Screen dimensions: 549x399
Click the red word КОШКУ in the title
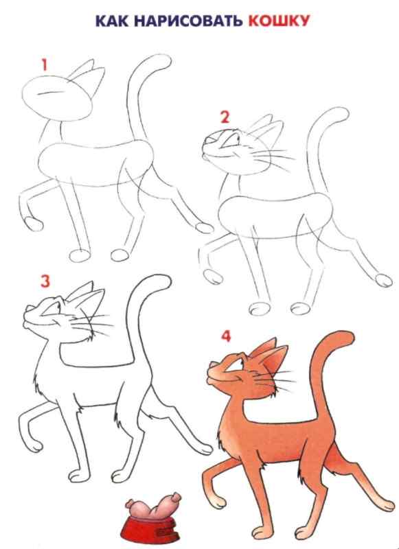coord(277,21)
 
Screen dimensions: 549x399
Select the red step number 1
coord(43,66)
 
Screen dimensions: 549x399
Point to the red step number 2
coord(223,115)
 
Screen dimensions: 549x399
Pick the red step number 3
coord(45,281)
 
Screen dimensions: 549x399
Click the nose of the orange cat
coord(212,371)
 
